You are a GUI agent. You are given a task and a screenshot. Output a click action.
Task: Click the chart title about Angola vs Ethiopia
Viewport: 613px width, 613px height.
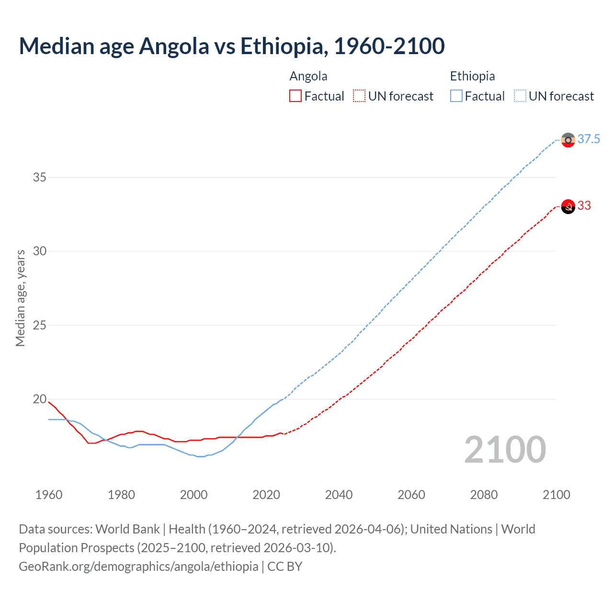click(x=232, y=46)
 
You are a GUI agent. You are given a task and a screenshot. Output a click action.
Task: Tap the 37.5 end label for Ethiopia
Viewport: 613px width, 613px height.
click(x=589, y=139)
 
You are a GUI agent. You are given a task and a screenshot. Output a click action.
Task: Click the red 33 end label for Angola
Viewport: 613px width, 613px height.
click(x=584, y=205)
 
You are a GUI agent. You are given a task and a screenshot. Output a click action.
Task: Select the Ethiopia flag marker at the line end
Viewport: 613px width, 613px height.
click(x=568, y=140)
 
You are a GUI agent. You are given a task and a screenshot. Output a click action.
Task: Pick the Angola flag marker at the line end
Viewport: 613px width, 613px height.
click(x=568, y=206)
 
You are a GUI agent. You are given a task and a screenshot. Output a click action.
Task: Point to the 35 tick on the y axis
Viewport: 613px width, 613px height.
click(x=40, y=177)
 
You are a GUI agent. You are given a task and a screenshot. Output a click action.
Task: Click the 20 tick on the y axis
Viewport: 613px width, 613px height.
click(x=40, y=399)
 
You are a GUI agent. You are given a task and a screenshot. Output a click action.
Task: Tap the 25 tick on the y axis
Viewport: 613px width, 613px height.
click(x=40, y=325)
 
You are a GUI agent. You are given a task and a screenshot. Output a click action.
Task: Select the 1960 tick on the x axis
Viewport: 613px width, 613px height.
click(x=49, y=495)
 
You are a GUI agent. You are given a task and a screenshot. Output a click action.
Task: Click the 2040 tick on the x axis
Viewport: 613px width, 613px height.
click(x=339, y=495)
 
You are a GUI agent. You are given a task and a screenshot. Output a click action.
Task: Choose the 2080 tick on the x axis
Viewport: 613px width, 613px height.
click(x=484, y=495)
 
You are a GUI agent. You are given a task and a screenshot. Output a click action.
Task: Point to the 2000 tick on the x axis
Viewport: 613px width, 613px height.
click(x=193, y=495)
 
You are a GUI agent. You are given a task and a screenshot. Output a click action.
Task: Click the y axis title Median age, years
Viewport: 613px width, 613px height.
click(x=20, y=298)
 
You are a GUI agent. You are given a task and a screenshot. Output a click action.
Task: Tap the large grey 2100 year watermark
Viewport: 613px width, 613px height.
click(x=505, y=449)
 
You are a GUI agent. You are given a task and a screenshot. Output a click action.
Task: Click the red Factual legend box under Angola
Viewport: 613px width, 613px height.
click(x=295, y=96)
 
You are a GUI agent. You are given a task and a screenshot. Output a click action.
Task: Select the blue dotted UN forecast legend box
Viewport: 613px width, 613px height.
click(x=520, y=96)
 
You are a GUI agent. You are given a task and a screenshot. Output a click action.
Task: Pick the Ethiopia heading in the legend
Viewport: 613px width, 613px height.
click(x=472, y=76)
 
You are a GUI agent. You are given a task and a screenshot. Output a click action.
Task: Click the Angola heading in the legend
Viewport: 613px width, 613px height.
click(x=308, y=76)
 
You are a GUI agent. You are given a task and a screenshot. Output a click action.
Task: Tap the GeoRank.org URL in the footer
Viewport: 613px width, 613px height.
click(x=138, y=567)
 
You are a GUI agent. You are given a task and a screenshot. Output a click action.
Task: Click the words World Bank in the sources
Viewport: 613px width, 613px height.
click(x=127, y=529)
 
